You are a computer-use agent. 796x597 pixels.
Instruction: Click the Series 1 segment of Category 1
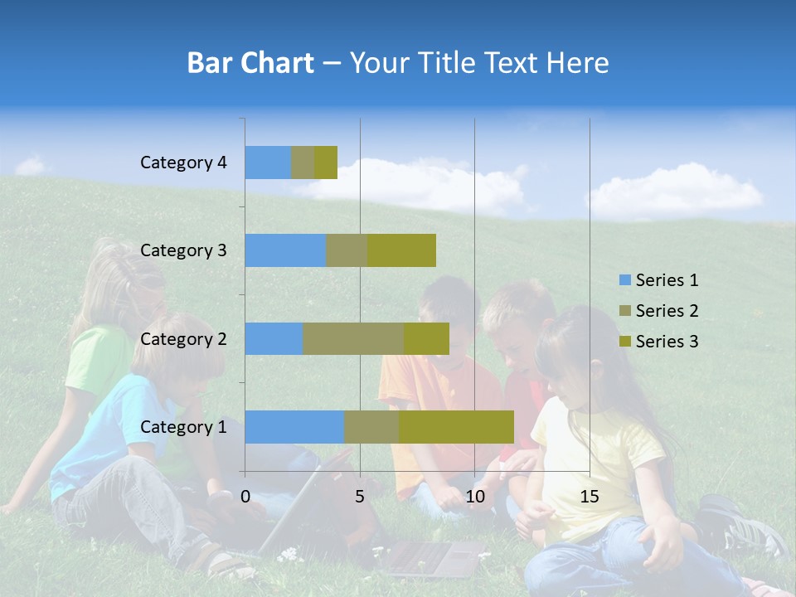pos(294,427)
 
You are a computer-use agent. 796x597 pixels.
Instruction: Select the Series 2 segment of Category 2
pos(353,338)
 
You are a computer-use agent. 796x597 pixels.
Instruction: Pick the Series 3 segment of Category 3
pos(401,250)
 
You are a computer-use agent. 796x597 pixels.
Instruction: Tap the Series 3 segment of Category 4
pos(326,163)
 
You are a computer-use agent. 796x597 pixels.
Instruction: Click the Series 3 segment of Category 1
pos(456,427)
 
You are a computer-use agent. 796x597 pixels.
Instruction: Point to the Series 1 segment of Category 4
pos(268,163)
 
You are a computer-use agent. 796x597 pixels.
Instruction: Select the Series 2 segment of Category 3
pos(347,250)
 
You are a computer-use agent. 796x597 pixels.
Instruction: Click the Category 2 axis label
pos(183,338)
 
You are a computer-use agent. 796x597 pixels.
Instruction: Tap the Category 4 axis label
pos(183,163)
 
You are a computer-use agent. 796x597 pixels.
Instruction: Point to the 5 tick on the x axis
pos(360,497)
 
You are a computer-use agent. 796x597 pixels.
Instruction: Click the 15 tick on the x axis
pos(590,497)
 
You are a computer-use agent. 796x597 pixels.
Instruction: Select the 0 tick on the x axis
pos(245,497)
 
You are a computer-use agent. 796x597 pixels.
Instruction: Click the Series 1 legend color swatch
pos(624,280)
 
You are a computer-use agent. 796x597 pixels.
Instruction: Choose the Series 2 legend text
pos(667,311)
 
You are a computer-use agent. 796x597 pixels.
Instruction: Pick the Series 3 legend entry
pos(658,342)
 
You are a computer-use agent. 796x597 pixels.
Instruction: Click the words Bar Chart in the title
pos(250,63)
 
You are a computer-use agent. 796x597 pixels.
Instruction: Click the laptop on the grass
pos(431,557)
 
